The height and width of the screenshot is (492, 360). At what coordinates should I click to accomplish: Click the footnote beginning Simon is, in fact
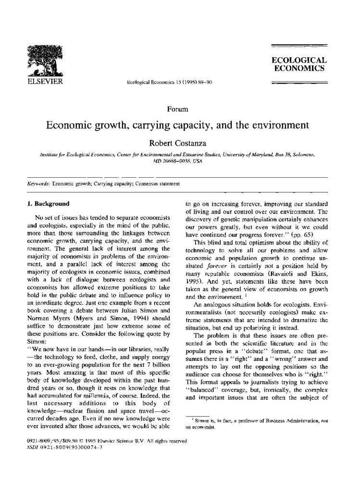[x=257, y=423]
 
